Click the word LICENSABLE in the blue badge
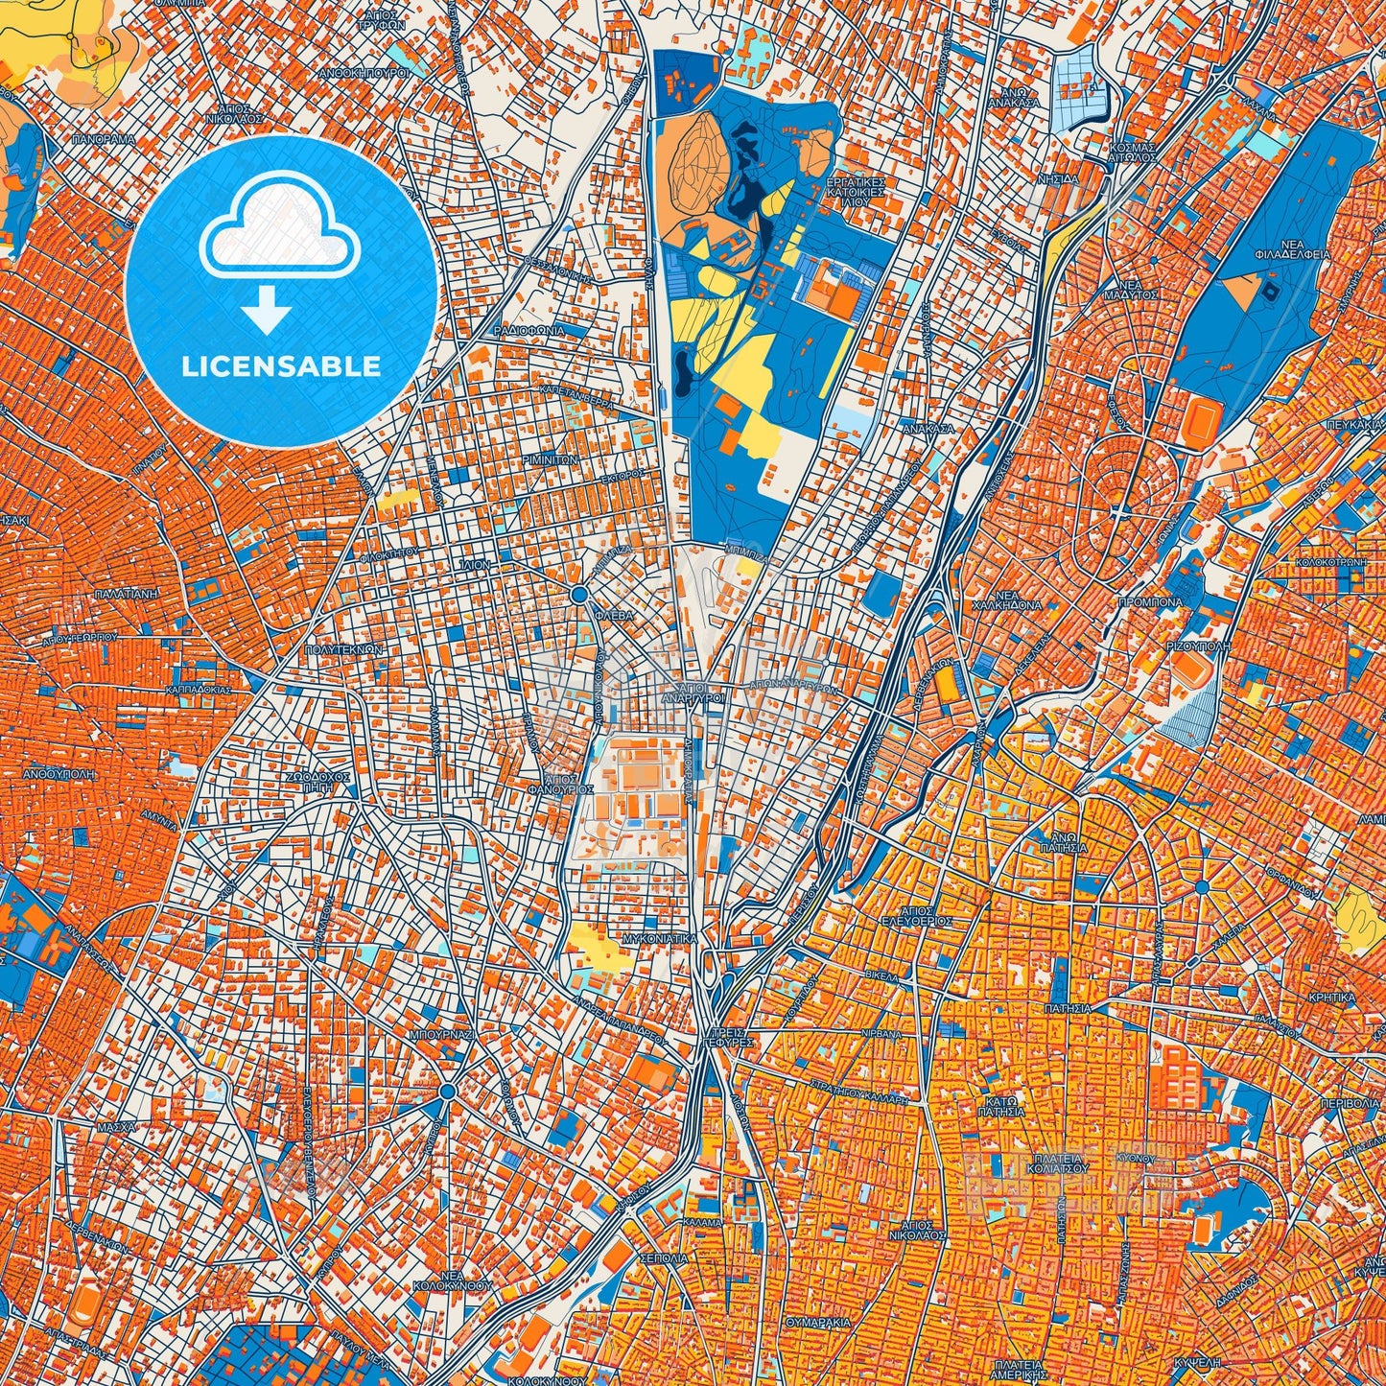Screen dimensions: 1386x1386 pyautogui.click(x=281, y=366)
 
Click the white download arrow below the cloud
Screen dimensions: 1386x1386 pyautogui.click(x=267, y=312)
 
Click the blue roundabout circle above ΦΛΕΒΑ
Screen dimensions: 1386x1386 pyautogui.click(x=578, y=596)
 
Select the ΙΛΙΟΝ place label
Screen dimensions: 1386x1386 pyautogui.click(x=474, y=566)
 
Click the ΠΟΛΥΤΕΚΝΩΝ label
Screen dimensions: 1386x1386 pyautogui.click(x=342, y=649)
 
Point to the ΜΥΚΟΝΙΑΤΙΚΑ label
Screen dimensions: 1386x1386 pyautogui.click(x=659, y=939)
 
